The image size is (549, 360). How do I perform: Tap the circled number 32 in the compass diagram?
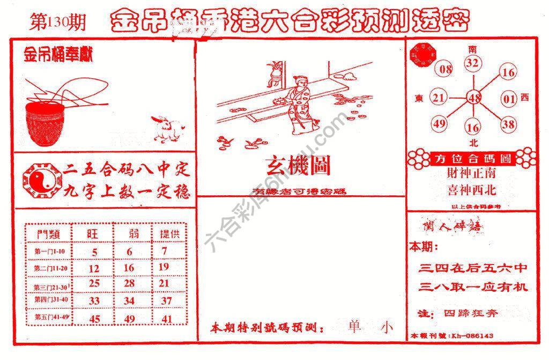point(472,63)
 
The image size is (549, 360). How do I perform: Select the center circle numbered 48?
point(473,98)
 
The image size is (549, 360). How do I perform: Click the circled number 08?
point(446,69)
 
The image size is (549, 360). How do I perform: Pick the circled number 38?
point(508,124)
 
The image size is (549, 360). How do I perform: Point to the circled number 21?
point(439,98)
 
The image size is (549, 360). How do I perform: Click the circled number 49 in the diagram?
point(439,124)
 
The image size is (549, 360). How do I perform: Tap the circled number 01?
point(508,98)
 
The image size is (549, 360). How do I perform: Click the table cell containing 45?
point(94,319)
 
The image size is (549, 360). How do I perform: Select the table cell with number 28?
point(129,283)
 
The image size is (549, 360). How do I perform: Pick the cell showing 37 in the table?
point(166,301)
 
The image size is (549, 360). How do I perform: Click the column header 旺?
point(94,234)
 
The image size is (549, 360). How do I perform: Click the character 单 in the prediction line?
point(354,327)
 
